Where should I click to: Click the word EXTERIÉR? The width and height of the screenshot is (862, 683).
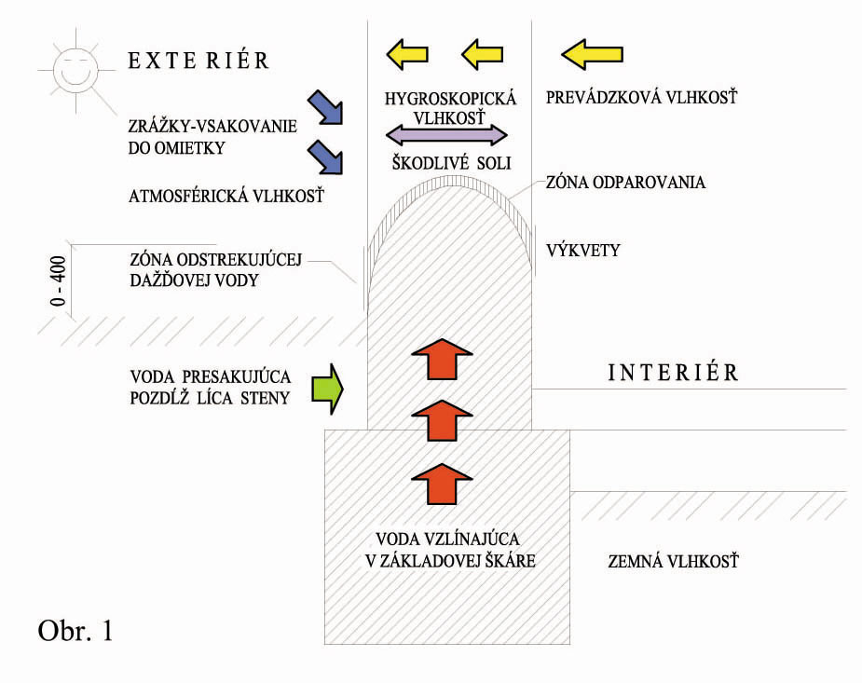point(198,61)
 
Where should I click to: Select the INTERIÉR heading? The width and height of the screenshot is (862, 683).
point(673,373)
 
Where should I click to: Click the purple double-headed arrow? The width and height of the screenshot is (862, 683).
point(447,133)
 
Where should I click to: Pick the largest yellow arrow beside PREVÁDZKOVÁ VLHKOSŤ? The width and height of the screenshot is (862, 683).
point(592,55)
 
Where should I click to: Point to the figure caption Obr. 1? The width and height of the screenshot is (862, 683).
point(76,631)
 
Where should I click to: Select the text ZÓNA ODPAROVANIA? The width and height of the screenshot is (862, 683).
point(625,183)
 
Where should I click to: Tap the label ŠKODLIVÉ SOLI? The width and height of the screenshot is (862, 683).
point(450,161)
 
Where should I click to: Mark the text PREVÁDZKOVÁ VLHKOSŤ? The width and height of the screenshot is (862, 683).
point(642,97)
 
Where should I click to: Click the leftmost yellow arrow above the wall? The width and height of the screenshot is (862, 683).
point(407,54)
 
